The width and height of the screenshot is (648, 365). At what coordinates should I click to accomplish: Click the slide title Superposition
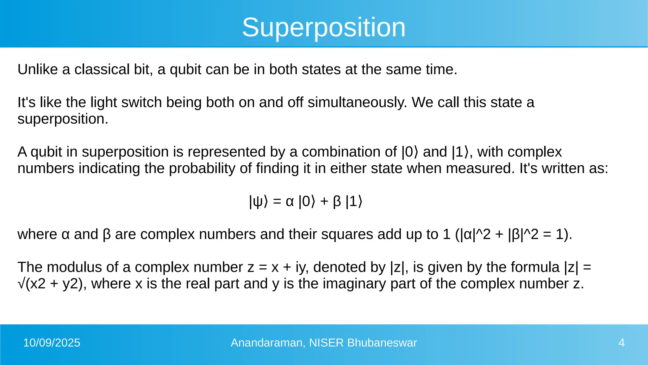tap(324, 28)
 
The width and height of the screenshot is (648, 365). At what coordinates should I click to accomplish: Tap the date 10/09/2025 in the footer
tap(52, 343)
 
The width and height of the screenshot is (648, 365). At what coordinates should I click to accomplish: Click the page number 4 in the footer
tap(621, 343)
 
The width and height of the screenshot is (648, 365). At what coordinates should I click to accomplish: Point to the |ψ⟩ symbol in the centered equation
tap(258, 202)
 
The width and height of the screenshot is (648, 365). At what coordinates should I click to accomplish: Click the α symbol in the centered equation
tap(290, 202)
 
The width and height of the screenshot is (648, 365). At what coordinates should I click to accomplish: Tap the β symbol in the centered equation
tap(337, 202)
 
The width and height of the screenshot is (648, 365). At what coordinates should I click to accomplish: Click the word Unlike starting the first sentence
tap(37, 69)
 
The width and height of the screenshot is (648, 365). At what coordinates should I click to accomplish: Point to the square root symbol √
tap(21, 284)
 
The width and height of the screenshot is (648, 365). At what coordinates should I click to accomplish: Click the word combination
tap(349, 152)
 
